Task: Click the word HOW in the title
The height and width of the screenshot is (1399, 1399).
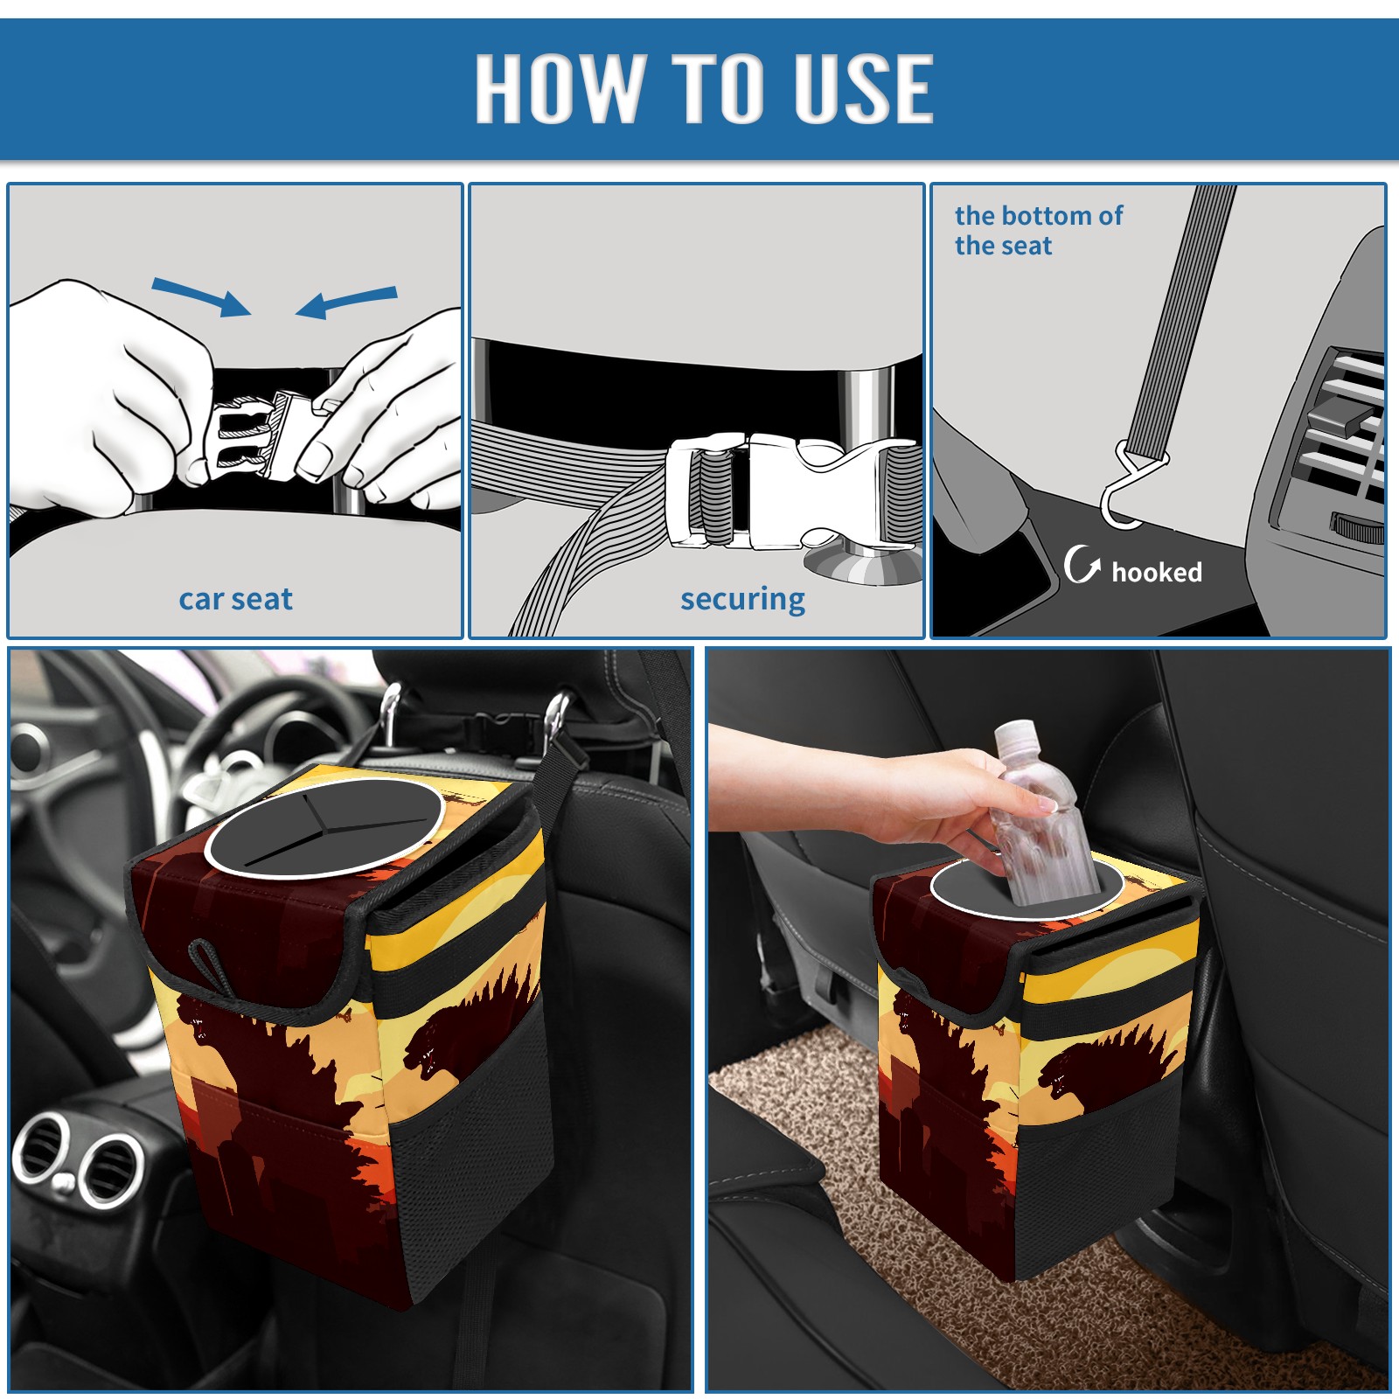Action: click(x=557, y=87)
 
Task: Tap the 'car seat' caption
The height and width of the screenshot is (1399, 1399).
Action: click(x=235, y=600)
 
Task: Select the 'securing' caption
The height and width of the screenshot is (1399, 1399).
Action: click(x=742, y=600)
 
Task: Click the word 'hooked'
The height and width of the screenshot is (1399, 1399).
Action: click(x=1156, y=572)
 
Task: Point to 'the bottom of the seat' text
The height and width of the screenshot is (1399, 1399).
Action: click(x=1038, y=230)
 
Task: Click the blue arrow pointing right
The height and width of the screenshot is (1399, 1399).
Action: click(x=201, y=296)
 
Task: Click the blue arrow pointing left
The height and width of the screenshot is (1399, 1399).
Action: click(x=346, y=302)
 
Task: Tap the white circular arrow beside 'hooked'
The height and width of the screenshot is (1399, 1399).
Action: click(x=1082, y=564)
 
